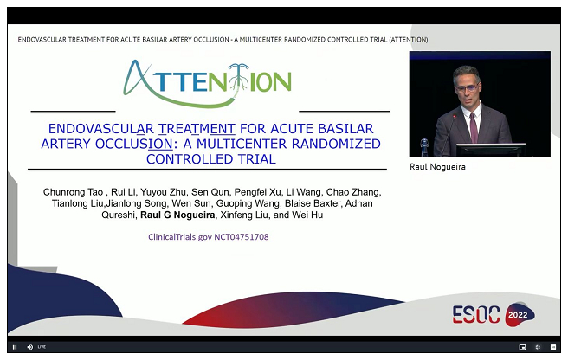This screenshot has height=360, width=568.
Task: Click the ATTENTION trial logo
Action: tap(207, 83)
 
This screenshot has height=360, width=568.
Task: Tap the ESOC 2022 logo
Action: tap(494, 313)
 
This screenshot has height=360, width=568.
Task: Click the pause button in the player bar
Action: tap(15, 347)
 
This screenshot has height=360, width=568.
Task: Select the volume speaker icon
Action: tap(29, 347)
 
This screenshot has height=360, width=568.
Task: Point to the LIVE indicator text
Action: tap(42, 347)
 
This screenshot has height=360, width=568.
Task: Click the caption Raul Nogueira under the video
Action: tap(437, 167)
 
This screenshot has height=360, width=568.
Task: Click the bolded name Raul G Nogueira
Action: tap(177, 215)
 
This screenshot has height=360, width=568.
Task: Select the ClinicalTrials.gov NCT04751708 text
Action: tap(209, 237)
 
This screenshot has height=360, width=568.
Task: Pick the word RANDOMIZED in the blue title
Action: tap(336, 144)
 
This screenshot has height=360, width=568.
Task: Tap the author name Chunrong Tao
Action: tap(73, 192)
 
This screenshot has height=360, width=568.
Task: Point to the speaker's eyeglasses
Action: tap(466, 87)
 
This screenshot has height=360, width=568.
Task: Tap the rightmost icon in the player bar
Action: tap(553, 347)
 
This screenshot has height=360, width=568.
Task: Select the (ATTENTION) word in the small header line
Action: tap(409, 40)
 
